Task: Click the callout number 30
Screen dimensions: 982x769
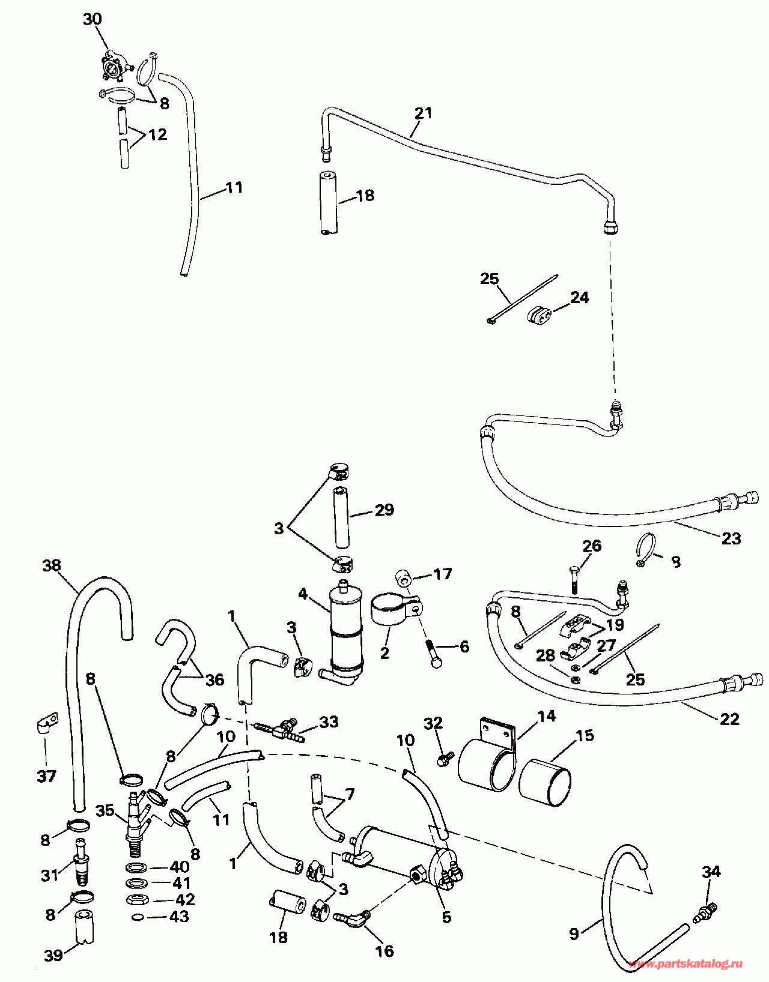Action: tap(92, 19)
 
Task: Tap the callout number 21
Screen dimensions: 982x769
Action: tap(423, 112)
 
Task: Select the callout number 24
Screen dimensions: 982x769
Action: tap(579, 297)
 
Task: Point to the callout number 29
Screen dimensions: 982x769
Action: tap(384, 510)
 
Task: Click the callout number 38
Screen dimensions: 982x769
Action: tap(52, 565)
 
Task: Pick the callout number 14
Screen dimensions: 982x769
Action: tap(547, 715)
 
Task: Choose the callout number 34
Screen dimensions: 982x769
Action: tap(711, 871)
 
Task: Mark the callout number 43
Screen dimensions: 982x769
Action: tap(179, 917)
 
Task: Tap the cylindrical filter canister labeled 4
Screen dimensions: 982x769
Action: tap(346, 630)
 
